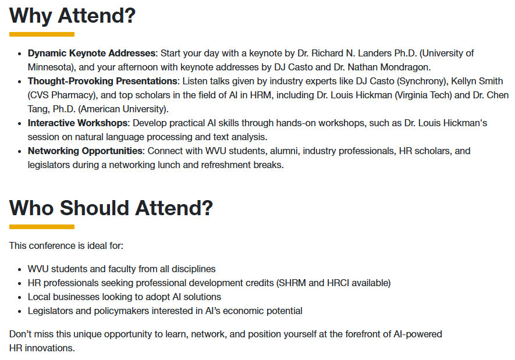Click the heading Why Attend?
coord(72,16)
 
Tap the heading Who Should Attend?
coord(111,208)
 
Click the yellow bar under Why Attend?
coord(42,34)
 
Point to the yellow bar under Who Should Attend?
coord(42,227)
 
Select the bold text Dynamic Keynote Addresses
coord(91,53)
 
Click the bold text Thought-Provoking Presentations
coord(103,81)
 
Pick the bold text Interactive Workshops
coord(77,123)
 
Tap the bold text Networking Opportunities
coord(85,151)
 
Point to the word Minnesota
coord(49,67)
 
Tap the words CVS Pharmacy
coord(62,95)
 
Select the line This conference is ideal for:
coord(66,246)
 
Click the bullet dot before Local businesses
coord(20,298)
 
